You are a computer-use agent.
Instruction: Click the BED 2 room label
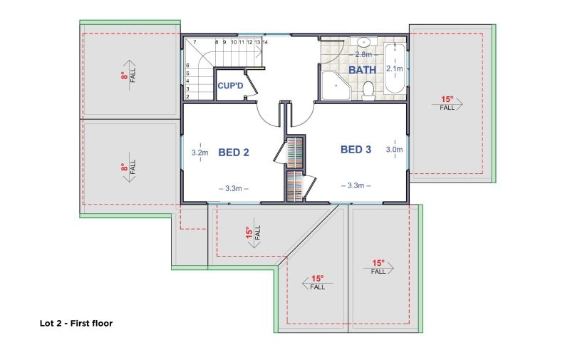click(x=234, y=153)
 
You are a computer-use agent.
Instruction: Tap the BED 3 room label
click(x=356, y=150)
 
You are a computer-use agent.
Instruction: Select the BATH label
click(x=363, y=70)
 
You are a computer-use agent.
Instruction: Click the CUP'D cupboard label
click(x=230, y=86)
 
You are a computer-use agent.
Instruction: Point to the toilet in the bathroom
click(x=368, y=91)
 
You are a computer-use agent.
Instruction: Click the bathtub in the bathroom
click(x=395, y=68)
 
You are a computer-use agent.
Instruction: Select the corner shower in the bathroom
click(x=336, y=86)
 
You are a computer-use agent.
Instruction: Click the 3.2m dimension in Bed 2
click(x=200, y=153)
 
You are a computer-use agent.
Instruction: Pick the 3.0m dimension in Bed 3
click(x=394, y=150)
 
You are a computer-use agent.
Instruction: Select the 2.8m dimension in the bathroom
click(x=363, y=55)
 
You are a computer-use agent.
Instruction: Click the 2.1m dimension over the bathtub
click(x=395, y=68)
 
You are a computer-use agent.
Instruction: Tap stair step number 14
click(x=265, y=42)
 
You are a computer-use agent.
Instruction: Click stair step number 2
click(x=187, y=97)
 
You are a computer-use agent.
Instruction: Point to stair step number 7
click(x=195, y=42)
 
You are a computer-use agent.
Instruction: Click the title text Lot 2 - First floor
click(x=76, y=323)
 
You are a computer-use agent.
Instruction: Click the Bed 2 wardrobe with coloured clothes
click(x=295, y=153)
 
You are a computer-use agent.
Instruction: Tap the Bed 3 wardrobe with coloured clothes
click(x=295, y=185)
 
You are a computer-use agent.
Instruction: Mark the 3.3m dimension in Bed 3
click(x=356, y=185)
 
